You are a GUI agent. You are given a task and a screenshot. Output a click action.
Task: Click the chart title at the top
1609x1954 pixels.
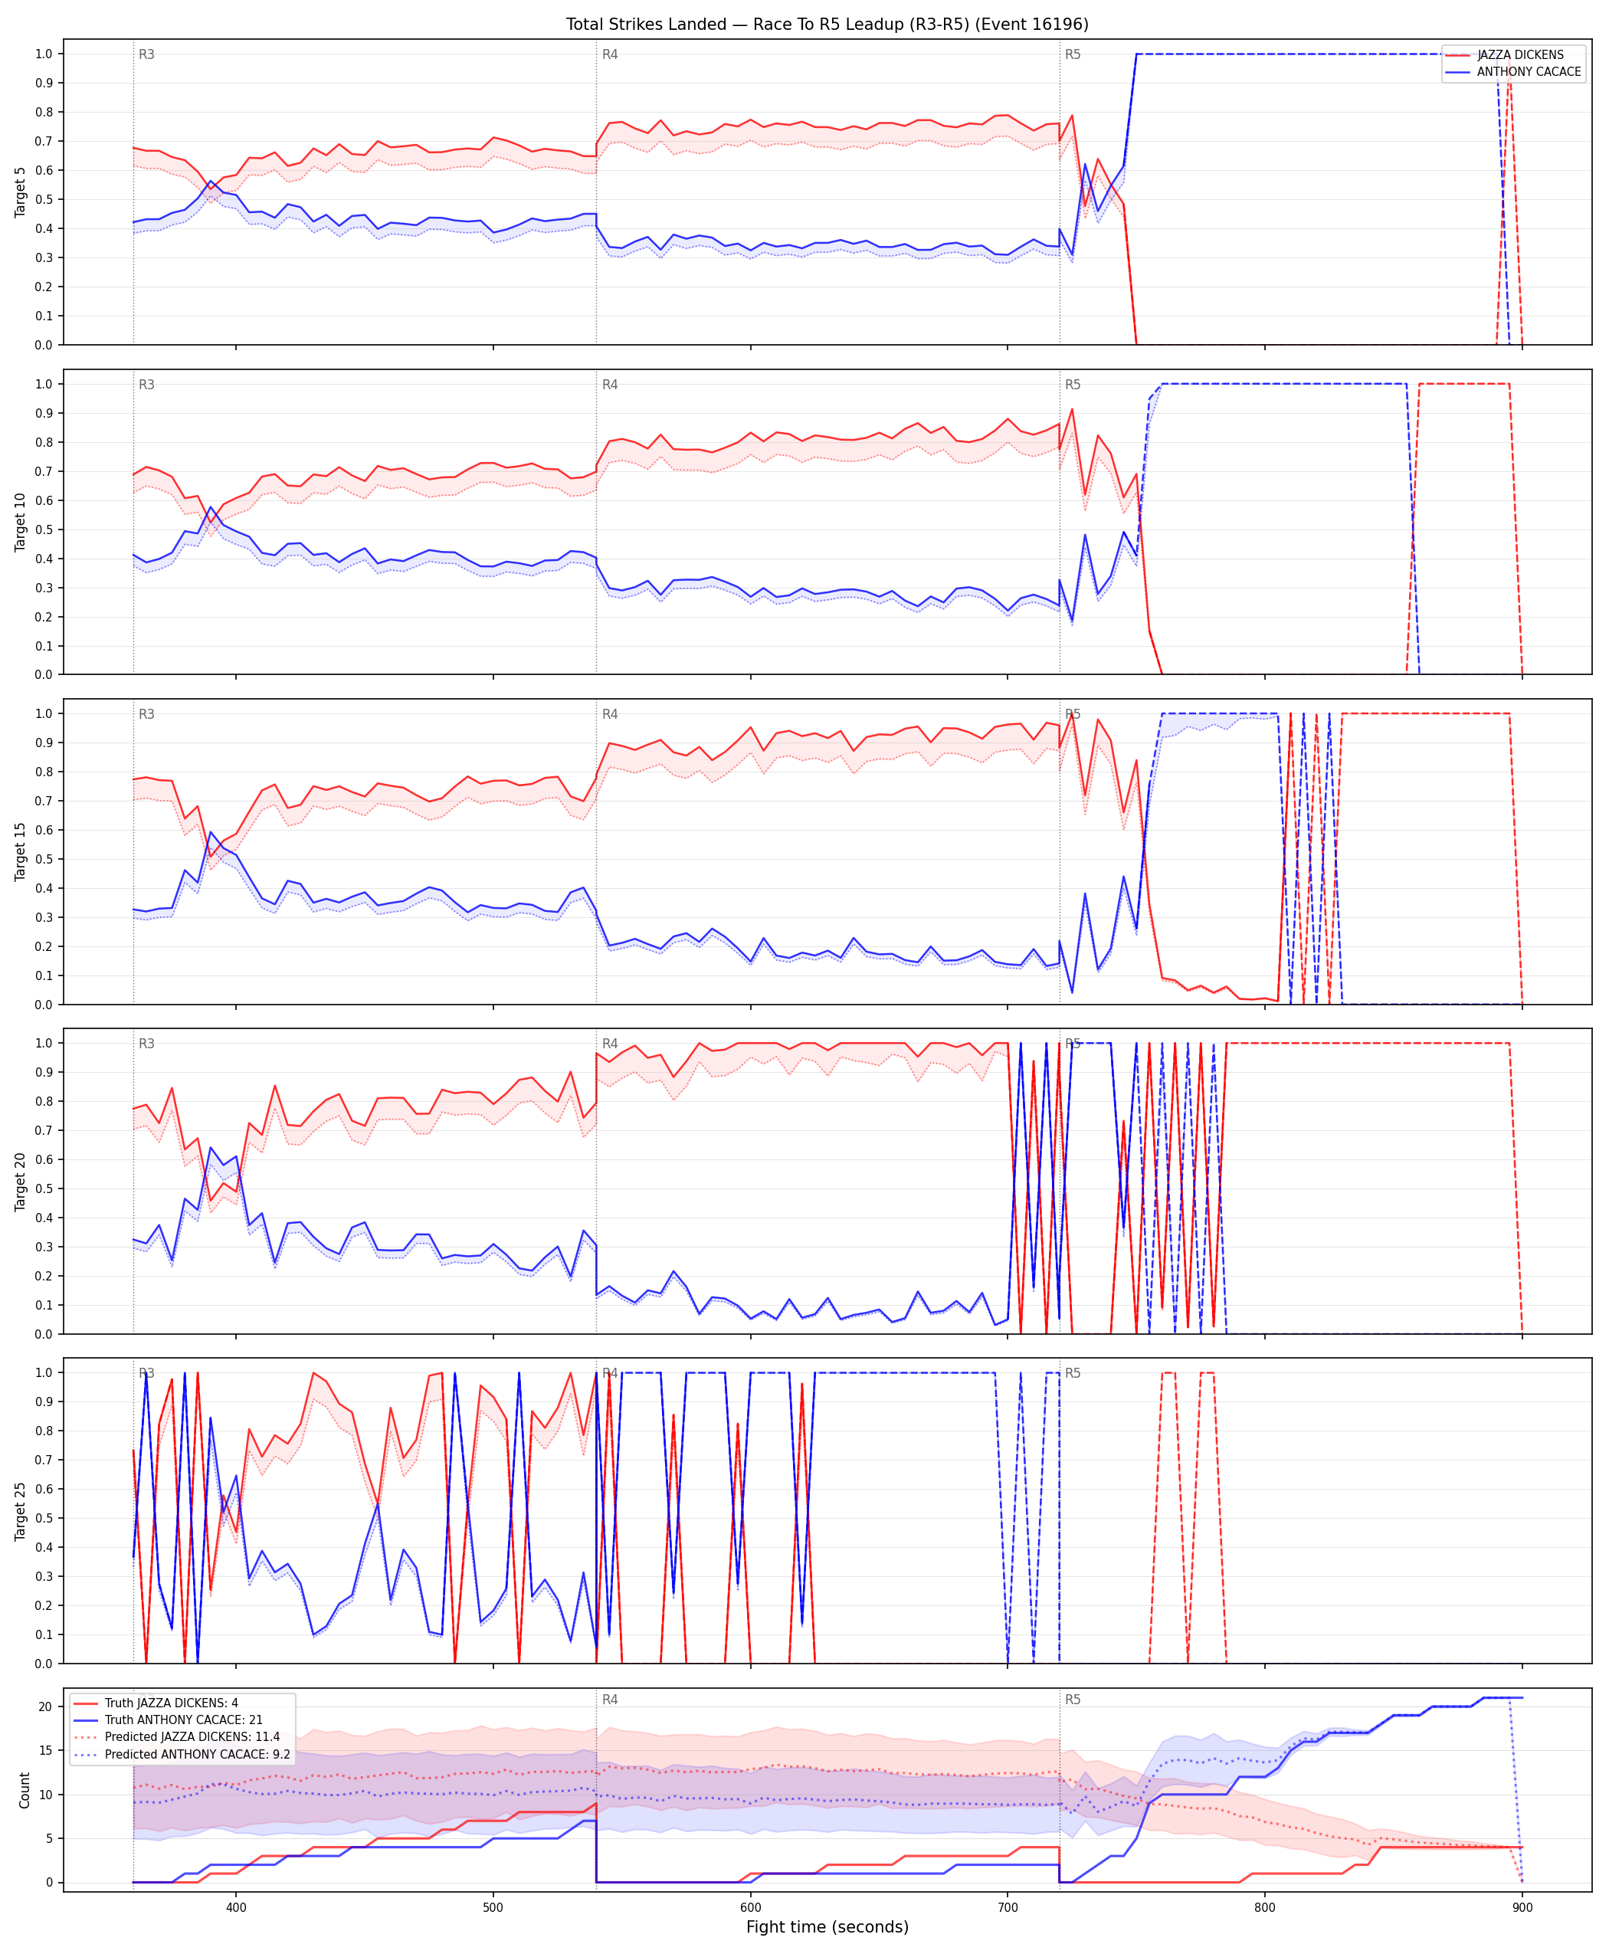pyautogui.click(x=827, y=24)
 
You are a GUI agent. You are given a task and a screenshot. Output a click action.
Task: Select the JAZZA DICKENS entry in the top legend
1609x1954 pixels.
pyautogui.click(x=1520, y=54)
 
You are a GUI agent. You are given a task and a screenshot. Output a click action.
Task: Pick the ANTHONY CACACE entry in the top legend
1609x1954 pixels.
pyautogui.click(x=1529, y=71)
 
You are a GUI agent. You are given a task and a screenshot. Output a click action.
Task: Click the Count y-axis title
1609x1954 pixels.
pyautogui.click(x=24, y=1790)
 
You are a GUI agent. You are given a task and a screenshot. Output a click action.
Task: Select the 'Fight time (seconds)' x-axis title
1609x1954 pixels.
pyautogui.click(x=827, y=1927)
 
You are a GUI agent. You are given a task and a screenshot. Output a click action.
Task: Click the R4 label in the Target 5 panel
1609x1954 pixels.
pyautogui.click(x=610, y=54)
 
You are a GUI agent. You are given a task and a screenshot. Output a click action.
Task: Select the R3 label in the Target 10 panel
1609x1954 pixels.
pyautogui.click(x=146, y=385)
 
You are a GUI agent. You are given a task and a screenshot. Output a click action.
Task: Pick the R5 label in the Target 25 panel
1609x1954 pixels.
pyautogui.click(x=1073, y=1373)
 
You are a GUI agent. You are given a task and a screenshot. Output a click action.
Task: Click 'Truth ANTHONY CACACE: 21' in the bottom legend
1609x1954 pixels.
pyautogui.click(x=184, y=1720)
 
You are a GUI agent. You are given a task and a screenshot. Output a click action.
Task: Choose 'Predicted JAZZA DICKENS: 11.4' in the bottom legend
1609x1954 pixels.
pyautogui.click(x=192, y=1736)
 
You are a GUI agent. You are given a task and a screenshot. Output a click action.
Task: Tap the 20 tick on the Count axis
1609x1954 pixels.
pyautogui.click(x=45, y=1706)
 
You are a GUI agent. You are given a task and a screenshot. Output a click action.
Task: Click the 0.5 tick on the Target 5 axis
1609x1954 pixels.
pyautogui.click(x=44, y=199)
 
